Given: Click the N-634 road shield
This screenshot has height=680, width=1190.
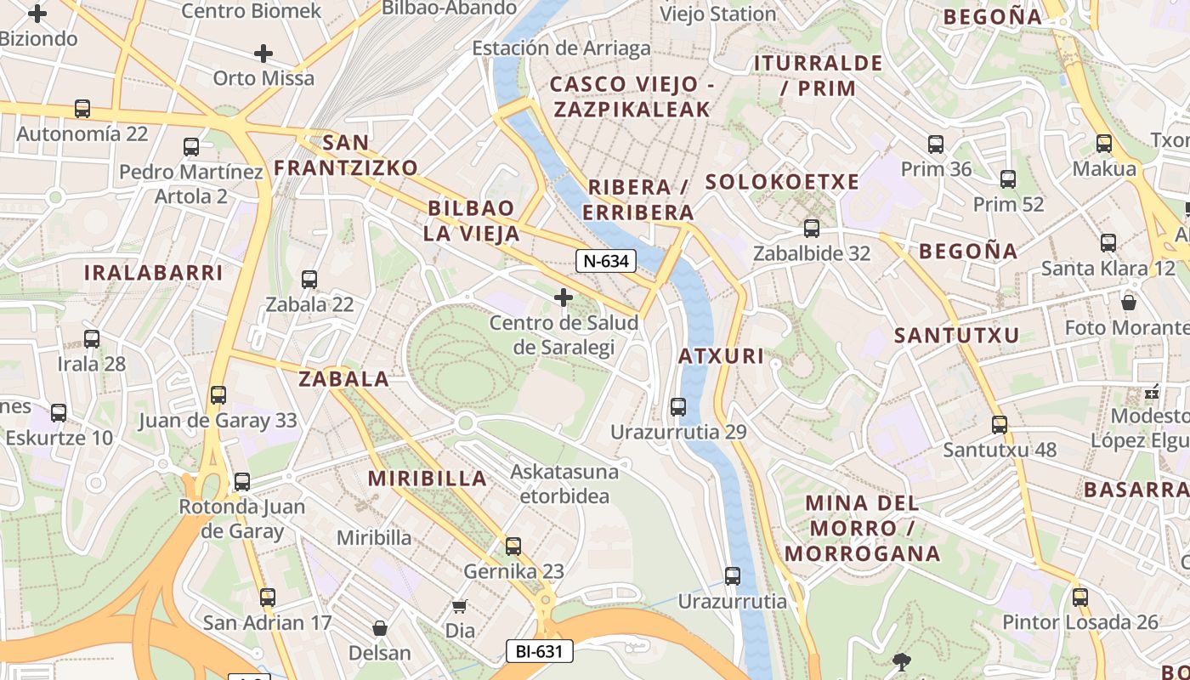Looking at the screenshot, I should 606,261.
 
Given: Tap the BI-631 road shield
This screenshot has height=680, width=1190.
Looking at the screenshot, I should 539,652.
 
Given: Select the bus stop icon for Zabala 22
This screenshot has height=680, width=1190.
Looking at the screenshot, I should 309,279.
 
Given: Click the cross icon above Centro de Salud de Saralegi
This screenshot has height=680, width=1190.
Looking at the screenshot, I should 563,297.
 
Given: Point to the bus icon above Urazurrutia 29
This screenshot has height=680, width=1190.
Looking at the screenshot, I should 677,406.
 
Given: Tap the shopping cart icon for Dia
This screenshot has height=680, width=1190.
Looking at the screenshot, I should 460,606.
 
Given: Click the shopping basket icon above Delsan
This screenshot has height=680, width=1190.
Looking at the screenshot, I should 380,628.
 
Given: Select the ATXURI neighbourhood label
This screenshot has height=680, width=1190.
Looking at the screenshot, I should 722,356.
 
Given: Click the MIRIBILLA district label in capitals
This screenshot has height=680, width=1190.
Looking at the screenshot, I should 428,479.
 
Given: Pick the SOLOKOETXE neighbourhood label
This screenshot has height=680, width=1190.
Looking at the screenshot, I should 782,182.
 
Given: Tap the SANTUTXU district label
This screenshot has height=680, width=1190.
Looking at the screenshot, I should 956,336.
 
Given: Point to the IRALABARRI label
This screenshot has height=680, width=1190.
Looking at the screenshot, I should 153,273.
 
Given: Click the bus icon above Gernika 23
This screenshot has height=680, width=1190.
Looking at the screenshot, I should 513,546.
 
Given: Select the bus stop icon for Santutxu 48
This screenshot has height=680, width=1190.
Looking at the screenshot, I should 1000,424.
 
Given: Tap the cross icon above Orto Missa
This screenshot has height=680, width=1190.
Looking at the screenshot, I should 263,54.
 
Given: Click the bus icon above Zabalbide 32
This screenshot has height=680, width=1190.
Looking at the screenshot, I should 812,228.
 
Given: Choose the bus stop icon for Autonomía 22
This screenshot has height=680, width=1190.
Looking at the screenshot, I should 82,108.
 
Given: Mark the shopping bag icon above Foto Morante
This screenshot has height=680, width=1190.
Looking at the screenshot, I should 1129,302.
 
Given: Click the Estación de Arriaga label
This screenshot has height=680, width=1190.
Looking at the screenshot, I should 561,48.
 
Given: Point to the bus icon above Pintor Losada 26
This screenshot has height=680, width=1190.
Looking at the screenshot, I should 1079,597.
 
